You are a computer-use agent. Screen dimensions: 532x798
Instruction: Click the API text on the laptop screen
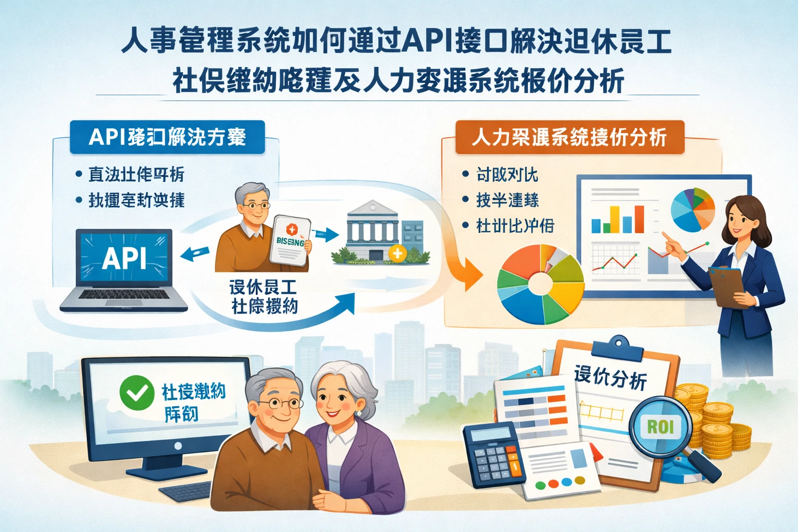(124, 258)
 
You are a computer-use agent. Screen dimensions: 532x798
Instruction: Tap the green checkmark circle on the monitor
(137, 393)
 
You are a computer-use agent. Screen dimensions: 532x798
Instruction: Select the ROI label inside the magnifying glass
(660, 427)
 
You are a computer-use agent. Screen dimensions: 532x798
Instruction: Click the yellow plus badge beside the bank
(398, 253)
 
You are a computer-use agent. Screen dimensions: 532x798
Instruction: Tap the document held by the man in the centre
(290, 240)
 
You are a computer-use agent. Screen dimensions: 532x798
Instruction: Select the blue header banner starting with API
(167, 137)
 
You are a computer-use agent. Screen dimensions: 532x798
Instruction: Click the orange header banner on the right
(569, 137)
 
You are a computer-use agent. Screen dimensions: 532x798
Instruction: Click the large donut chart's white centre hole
(540, 284)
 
